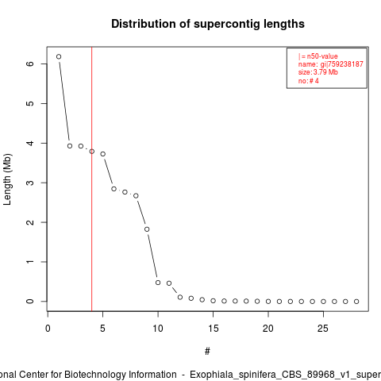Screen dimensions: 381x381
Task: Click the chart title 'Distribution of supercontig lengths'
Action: coord(208,24)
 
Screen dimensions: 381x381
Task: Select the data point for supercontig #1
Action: coord(59,56)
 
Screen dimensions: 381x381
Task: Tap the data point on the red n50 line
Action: coord(92,152)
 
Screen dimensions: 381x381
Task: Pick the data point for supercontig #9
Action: coord(147,229)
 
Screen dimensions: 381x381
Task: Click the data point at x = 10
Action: coord(158,283)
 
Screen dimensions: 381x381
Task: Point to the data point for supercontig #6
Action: coord(114,189)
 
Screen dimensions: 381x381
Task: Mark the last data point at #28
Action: coord(356,302)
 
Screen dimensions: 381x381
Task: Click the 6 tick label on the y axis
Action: coord(30,63)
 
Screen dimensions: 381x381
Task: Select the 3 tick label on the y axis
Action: coord(30,183)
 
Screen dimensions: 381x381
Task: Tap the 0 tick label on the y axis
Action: coord(30,302)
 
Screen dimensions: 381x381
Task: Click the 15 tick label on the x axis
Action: coord(213,329)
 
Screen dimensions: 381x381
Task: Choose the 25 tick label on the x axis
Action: coord(323,329)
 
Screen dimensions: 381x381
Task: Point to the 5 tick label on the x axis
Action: coord(102,329)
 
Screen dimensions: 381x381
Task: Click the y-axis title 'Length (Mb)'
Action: coord(7,179)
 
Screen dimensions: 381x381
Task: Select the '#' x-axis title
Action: coord(207,352)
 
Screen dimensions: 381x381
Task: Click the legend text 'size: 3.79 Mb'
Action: coord(318,72)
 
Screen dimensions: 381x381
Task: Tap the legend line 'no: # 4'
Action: coord(309,81)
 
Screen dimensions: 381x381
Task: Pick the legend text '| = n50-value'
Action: coord(318,56)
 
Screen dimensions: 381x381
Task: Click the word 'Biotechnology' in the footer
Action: coord(95,375)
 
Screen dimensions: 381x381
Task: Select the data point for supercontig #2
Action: coord(70,146)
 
